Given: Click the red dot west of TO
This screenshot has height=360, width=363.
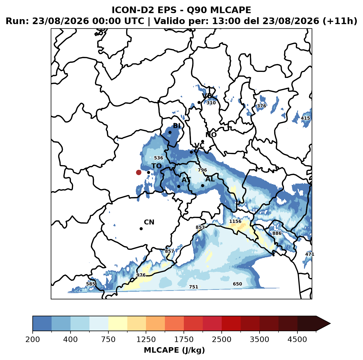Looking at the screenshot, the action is click(x=139, y=172).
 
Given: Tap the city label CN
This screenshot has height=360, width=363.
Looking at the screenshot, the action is click(x=149, y=222).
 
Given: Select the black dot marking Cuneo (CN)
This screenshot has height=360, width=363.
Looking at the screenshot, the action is click(x=141, y=229).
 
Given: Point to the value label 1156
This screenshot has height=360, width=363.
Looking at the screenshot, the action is click(x=235, y=221).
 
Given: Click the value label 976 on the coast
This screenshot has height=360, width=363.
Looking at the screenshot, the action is click(x=141, y=275).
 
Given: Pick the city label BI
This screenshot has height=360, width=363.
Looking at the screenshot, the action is click(x=177, y=126).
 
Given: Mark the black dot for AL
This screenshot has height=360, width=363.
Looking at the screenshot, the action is click(x=202, y=185).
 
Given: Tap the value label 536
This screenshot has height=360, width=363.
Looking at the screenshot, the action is click(x=158, y=158).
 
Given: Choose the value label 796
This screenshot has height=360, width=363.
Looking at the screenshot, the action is click(x=202, y=170).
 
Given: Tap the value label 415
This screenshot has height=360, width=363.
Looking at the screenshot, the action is click(x=305, y=118).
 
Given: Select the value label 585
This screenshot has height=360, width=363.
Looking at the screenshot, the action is click(x=91, y=284).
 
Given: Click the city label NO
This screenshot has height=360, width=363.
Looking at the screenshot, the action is click(x=211, y=135).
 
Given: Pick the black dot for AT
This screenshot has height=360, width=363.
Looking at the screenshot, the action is click(x=179, y=186).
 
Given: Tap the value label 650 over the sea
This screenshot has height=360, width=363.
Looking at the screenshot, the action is click(x=237, y=284).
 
